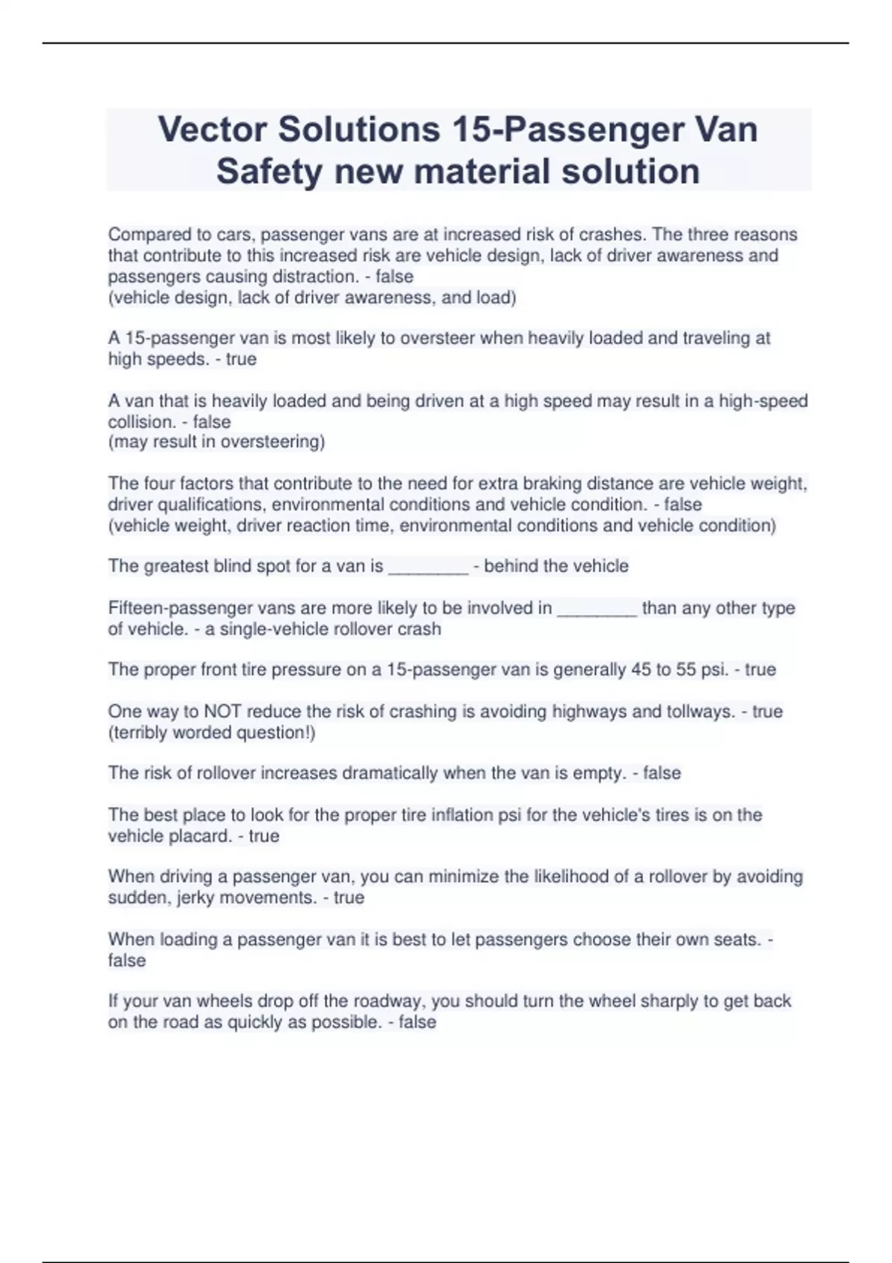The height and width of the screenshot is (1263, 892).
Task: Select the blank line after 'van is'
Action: (428, 568)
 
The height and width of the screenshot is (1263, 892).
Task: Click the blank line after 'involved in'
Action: (597, 609)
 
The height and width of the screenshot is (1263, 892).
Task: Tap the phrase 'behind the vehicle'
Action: (556, 566)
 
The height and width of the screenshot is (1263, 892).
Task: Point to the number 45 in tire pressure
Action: (641, 669)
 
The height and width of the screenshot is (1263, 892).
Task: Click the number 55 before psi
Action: (685, 669)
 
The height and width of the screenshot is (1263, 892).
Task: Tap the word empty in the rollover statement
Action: (598, 773)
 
